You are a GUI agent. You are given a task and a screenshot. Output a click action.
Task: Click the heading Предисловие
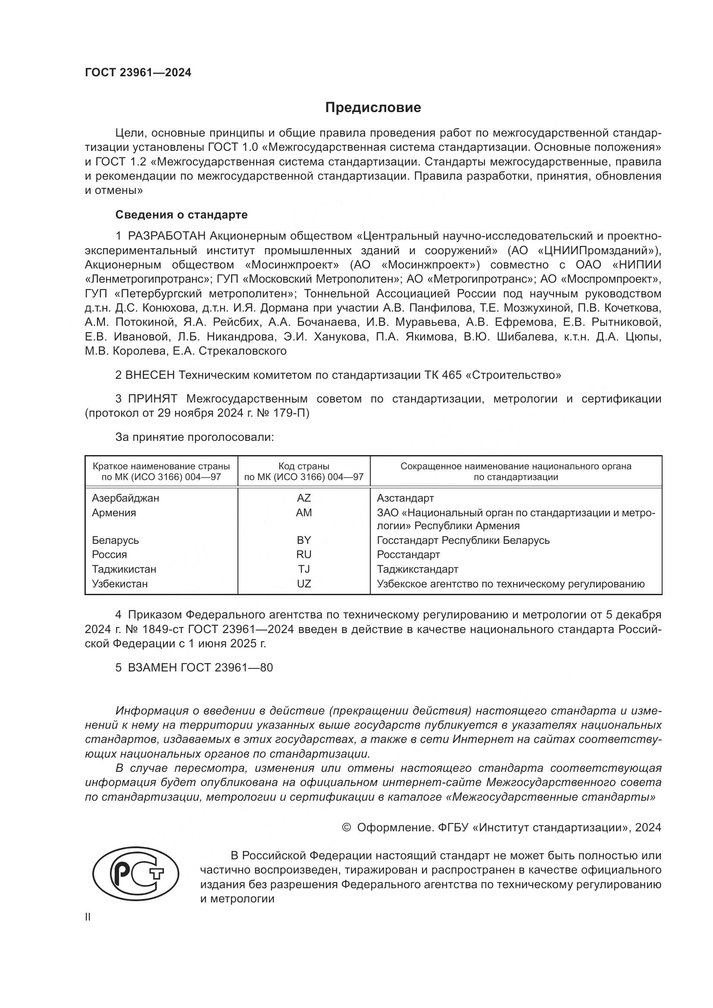[373, 108]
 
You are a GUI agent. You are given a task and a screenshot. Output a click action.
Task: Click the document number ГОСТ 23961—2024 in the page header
[138, 73]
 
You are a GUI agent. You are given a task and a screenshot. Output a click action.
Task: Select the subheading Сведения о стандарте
[181, 215]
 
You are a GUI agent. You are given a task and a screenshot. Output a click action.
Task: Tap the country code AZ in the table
[303, 498]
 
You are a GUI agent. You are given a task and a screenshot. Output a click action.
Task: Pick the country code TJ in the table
[303, 569]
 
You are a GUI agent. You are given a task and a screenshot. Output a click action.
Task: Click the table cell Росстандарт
[408, 555]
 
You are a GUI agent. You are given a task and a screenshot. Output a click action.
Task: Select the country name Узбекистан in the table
[119, 584]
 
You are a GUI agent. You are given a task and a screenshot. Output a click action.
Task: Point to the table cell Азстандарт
[405, 498]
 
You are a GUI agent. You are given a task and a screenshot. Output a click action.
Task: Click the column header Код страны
[303, 466]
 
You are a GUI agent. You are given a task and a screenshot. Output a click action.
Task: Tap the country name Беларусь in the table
[115, 540]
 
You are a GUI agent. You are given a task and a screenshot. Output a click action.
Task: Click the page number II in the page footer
[88, 917]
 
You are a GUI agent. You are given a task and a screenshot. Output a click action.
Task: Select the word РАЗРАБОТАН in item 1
[166, 236]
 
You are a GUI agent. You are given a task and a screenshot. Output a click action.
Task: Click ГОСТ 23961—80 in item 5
[227, 667]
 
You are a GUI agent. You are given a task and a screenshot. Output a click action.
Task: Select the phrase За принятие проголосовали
[194, 437]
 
